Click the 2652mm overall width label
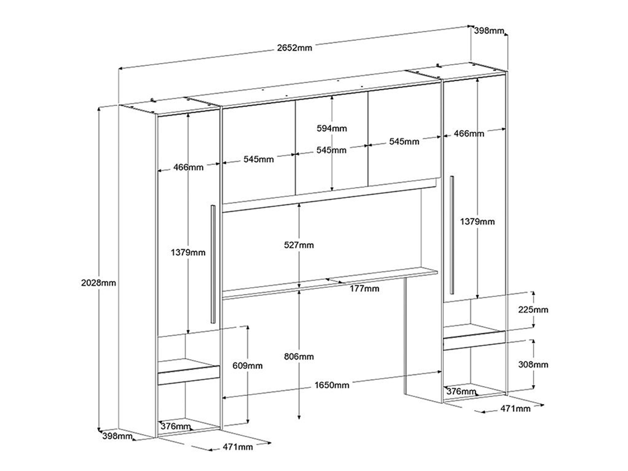coord(294,48)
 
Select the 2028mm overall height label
coord(98,283)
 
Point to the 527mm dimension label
coord(299,245)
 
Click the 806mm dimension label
coord(299,356)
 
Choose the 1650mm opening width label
coord(332,385)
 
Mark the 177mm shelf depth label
coord(364,288)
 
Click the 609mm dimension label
coord(247,365)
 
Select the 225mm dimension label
coord(533,310)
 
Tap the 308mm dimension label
coord(533,364)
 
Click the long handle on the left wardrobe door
coord(213,264)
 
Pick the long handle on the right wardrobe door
coord(452,235)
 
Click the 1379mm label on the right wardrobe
coord(477,221)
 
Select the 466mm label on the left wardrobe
coord(188,167)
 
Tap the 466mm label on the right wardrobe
coord(469,133)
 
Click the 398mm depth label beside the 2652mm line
coord(489,31)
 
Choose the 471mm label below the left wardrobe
coord(238,447)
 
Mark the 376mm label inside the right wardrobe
coord(461,391)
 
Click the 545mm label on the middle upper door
coord(331,150)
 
